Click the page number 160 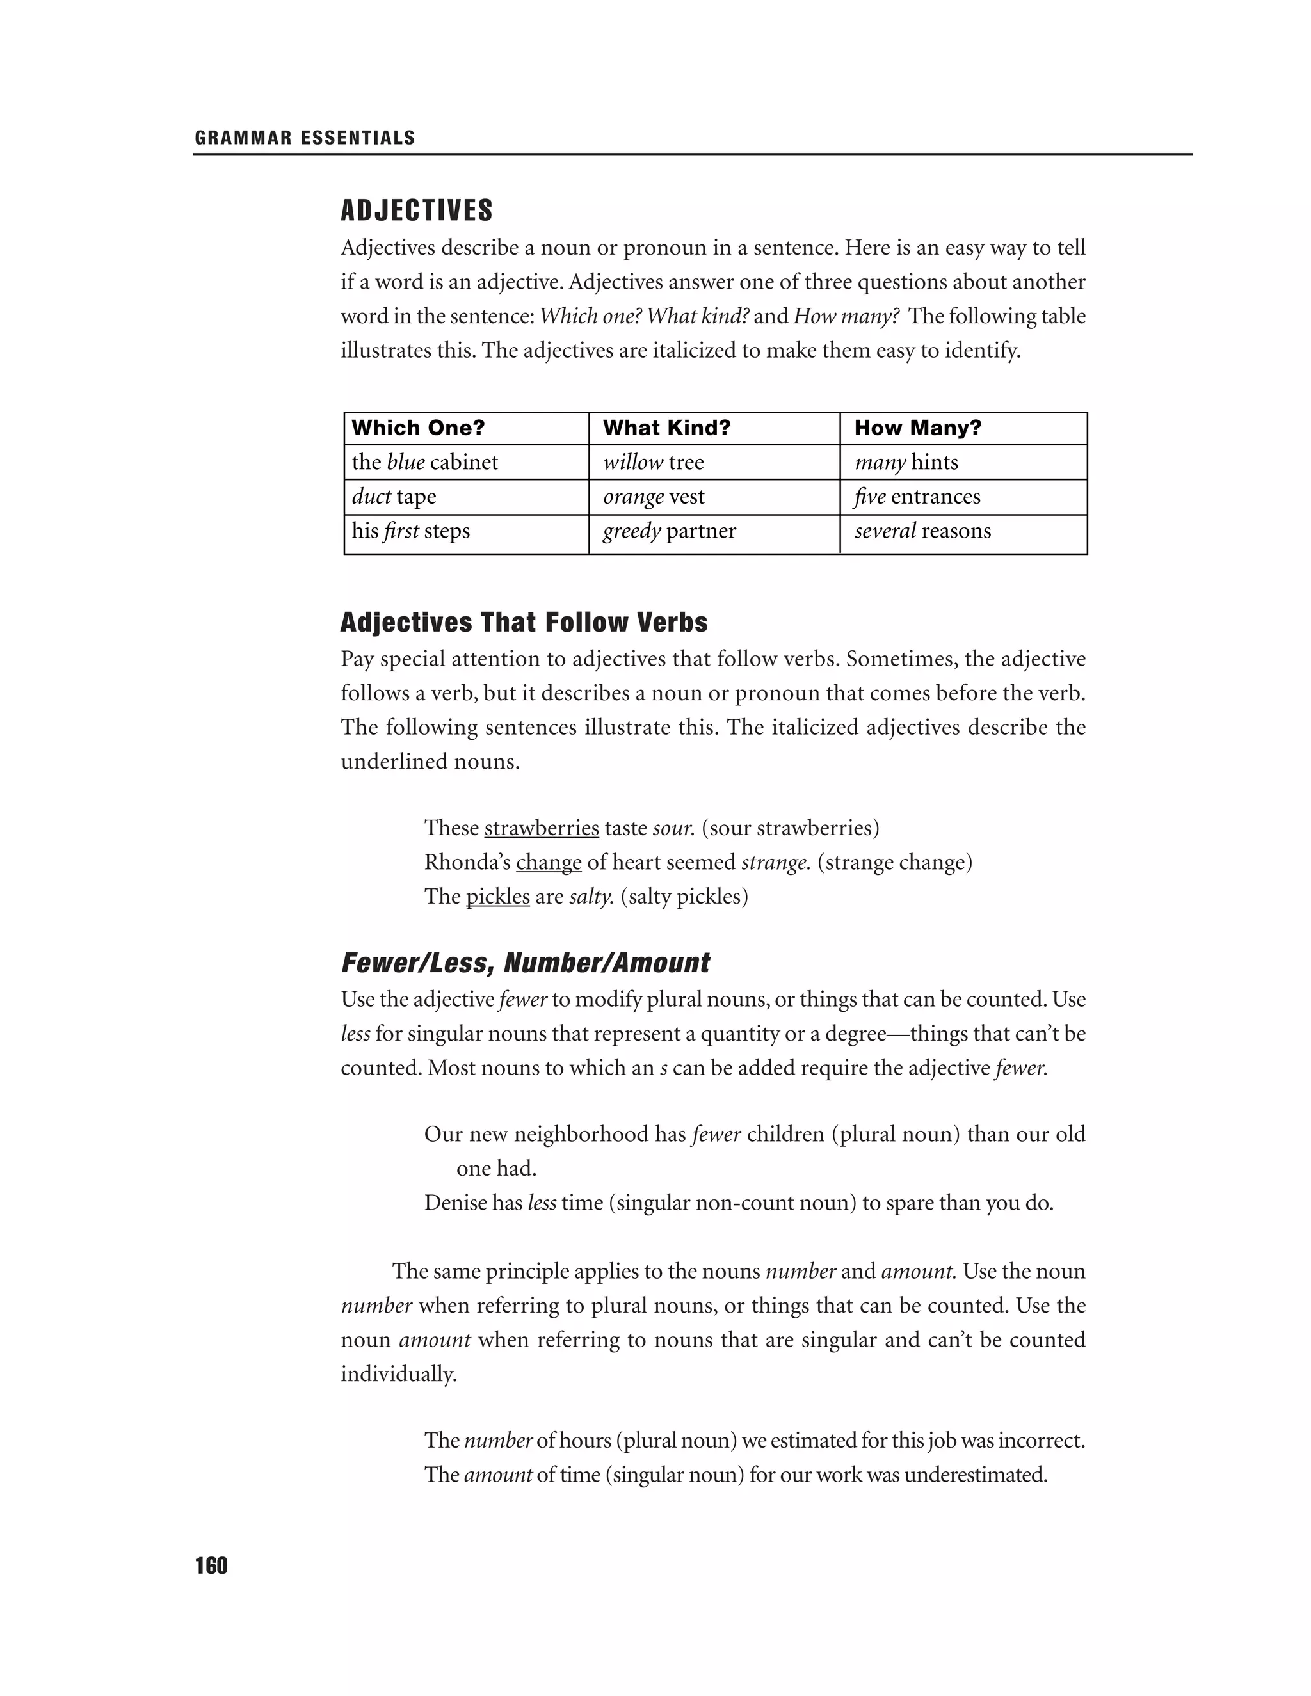coord(211,1566)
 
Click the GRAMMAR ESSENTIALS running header coord(305,138)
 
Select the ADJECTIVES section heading coord(417,211)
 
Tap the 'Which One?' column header coord(418,428)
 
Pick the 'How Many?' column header coord(917,428)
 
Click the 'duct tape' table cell coord(394,496)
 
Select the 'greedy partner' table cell coord(670,531)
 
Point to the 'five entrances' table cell coord(917,496)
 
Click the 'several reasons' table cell coord(922,531)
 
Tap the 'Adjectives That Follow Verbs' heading coord(524,623)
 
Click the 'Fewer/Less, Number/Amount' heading coord(525,964)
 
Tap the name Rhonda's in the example coord(467,863)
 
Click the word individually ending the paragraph coord(398,1375)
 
